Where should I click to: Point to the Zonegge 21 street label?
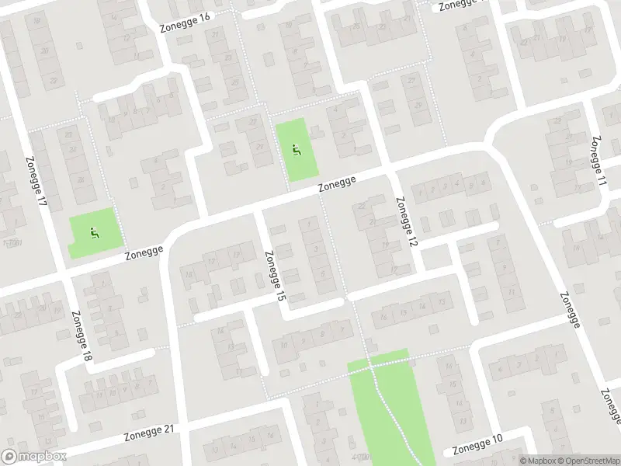[150, 435]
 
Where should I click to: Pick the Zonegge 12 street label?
[407, 222]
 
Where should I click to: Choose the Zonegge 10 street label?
[477, 446]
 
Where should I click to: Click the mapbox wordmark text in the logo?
[42, 457]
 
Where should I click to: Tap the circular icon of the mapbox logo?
[9, 457]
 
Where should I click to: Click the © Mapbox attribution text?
[538, 461]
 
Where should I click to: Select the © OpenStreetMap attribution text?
[588, 461]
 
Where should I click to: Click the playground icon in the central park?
[296, 149]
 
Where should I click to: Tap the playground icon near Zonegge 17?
[94, 230]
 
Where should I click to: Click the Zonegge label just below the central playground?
[337, 186]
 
